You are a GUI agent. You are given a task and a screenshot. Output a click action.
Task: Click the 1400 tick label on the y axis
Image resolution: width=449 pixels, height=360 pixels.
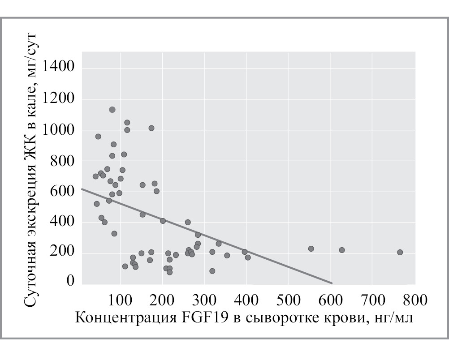[x=58, y=69]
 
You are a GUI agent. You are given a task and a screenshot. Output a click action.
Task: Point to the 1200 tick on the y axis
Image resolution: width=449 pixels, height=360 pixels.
[x=58, y=99]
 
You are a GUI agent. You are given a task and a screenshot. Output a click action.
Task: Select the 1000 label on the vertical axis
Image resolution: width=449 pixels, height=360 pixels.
[x=58, y=130]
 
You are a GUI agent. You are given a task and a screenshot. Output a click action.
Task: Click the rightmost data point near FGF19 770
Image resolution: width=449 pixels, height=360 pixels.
[x=400, y=252]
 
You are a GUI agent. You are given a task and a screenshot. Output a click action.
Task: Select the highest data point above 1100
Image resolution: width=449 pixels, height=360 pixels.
[x=112, y=110]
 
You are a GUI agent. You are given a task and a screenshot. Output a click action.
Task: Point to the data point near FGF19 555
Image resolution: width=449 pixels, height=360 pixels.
[x=311, y=249]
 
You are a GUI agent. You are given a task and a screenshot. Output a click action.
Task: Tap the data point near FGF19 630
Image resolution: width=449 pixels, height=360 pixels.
[x=341, y=250]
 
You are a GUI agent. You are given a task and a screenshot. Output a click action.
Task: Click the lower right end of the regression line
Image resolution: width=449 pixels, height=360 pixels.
[x=332, y=283]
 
